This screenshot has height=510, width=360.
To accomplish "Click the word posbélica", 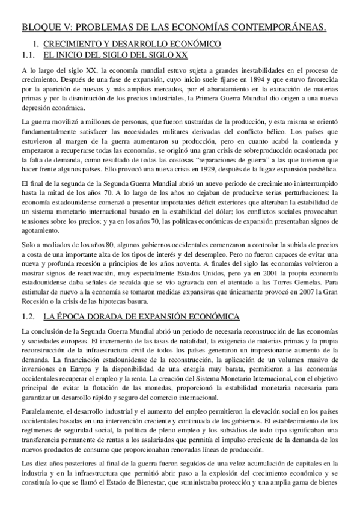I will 324,169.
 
